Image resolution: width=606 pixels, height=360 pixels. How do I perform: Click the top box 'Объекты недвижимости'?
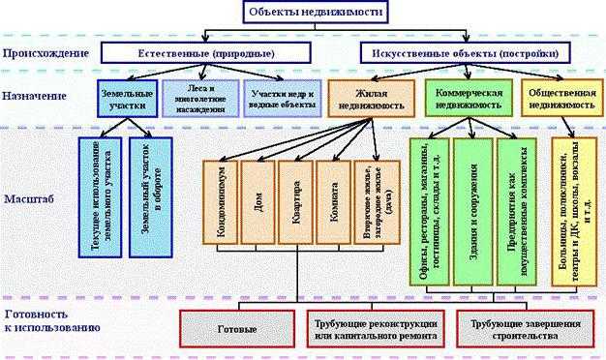(302, 13)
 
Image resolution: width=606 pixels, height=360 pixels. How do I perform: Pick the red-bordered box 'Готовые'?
(236, 329)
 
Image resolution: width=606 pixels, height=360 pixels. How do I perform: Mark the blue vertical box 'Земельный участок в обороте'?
(150, 195)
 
